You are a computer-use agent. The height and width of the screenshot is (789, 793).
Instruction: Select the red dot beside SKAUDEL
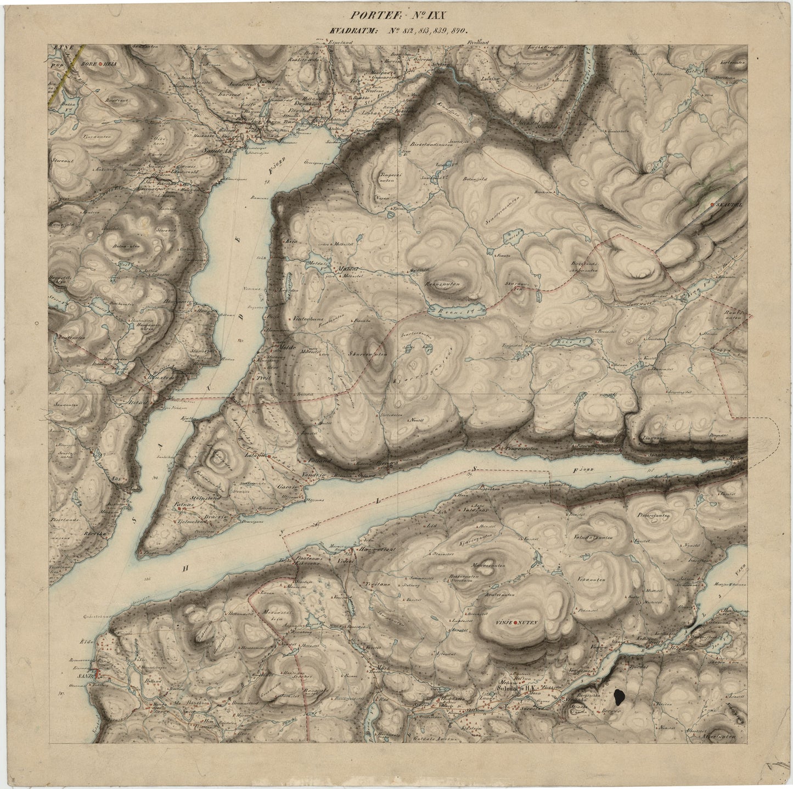click(x=712, y=205)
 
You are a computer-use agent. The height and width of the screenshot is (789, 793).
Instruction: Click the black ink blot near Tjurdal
click(x=618, y=697)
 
